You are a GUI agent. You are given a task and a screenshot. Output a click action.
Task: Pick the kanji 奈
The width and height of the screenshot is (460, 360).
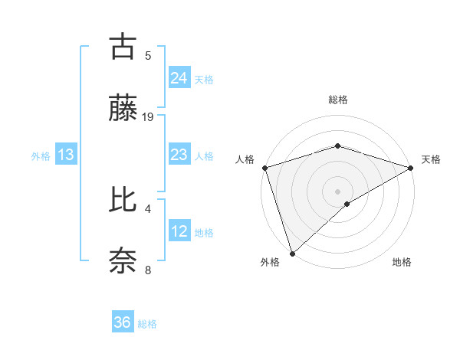point(123,260)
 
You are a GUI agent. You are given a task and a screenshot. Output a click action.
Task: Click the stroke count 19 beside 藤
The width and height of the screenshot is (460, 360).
point(148,116)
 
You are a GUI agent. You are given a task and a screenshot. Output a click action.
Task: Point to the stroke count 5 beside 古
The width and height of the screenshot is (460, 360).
point(148,55)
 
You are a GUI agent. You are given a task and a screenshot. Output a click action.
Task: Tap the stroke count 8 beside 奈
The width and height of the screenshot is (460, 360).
point(148,270)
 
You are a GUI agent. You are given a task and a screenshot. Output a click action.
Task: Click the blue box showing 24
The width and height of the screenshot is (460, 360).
point(179,77)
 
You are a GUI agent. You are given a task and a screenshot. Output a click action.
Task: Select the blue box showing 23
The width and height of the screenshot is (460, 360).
point(179,155)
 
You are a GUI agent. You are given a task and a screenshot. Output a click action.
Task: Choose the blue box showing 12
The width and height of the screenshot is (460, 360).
point(179,231)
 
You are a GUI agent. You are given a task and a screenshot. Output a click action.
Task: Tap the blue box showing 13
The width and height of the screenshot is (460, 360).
point(66,155)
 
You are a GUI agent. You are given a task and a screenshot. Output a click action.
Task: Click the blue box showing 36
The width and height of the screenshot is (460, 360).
point(123,322)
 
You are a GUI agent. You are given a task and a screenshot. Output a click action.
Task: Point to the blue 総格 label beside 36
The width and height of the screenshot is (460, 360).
point(147,324)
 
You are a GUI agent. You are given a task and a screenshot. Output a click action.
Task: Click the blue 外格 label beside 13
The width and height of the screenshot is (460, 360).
point(41,156)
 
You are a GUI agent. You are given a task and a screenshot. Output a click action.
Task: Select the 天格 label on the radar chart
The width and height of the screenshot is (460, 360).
point(431,159)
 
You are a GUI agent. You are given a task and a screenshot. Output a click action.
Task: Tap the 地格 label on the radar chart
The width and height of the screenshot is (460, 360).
point(402,262)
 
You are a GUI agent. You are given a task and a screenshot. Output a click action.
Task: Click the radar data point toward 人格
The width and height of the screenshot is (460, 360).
point(264,167)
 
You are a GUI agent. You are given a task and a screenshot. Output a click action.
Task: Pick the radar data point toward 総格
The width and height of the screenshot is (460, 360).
point(337,146)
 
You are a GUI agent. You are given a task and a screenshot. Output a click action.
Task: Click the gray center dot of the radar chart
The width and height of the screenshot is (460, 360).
point(337,191)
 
